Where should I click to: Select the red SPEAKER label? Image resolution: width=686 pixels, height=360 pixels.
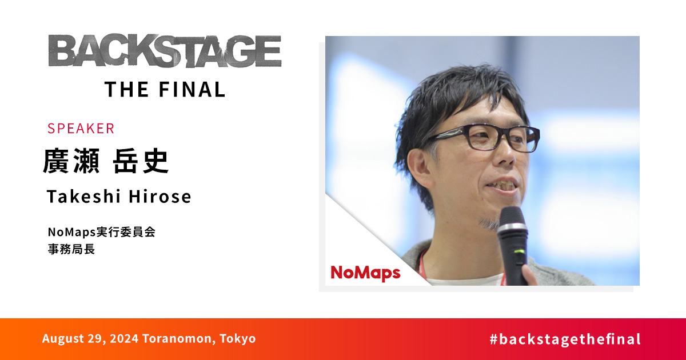click(81, 129)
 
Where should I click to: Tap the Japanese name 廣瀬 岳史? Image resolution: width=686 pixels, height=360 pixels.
click(106, 162)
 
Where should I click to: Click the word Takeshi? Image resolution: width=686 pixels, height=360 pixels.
click(82, 197)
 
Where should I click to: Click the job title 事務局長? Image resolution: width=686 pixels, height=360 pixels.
click(71, 249)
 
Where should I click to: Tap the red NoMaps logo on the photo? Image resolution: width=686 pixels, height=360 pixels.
click(365, 273)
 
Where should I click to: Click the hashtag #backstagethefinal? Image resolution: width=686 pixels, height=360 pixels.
click(565, 339)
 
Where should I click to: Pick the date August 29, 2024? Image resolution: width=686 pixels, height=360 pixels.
click(90, 338)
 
